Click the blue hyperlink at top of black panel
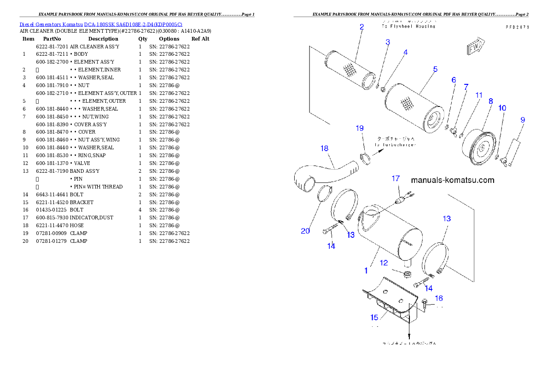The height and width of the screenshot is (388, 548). tap(101, 24)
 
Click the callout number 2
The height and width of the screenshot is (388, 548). tap(361, 27)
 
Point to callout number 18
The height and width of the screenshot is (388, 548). tap(324, 148)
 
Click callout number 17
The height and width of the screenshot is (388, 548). tap(396, 178)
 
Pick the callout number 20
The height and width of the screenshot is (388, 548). tap(305, 231)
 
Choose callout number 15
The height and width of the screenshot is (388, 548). tap(374, 317)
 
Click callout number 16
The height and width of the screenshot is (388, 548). tap(439, 299)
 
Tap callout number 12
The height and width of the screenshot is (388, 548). tap(384, 263)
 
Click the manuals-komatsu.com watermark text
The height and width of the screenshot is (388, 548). tap(452, 180)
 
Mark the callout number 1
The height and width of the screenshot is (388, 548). tap(366, 270)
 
